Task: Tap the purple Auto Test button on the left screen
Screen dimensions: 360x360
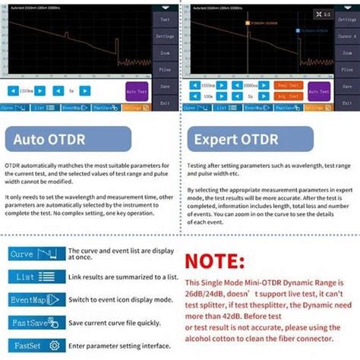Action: (137, 91)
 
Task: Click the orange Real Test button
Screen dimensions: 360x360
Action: (286, 86)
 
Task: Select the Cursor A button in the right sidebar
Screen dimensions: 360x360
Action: (347, 36)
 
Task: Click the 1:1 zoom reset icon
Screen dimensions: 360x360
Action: (322, 14)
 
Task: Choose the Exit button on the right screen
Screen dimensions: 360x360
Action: (347, 103)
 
